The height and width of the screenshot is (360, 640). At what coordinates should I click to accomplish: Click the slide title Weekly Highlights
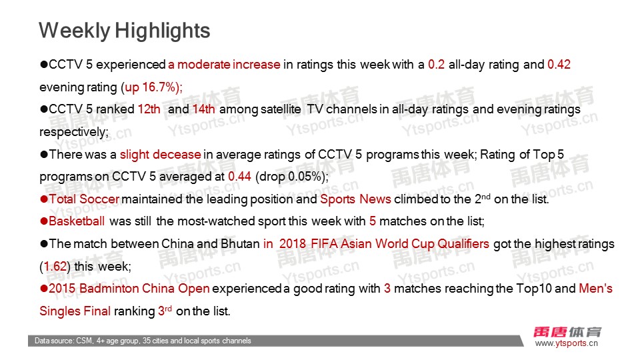125,31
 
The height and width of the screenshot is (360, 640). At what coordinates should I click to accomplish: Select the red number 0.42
559,65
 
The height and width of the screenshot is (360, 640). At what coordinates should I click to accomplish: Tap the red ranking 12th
149,109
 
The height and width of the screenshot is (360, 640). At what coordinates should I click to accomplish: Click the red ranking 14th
204,109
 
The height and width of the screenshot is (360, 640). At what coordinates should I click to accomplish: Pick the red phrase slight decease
161,155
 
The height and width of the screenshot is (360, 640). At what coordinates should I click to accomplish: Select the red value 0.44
239,176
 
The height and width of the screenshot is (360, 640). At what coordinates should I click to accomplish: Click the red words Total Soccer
85,199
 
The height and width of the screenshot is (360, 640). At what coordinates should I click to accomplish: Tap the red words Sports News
355,199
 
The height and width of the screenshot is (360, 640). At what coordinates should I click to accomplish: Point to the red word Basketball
77,221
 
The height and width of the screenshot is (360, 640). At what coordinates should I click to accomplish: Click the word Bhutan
240,244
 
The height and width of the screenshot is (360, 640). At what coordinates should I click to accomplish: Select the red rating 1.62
55,267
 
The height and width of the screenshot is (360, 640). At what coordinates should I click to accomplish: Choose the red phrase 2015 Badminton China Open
129,289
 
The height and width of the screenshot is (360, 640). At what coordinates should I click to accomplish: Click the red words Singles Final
75,311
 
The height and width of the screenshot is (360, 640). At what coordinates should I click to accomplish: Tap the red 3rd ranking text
165,311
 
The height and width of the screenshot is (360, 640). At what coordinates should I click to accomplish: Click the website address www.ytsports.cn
567,343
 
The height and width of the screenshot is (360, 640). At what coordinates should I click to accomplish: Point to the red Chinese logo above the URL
567,332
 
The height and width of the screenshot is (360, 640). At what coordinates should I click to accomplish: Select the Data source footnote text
143,341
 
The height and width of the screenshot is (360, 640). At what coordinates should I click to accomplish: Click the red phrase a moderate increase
224,65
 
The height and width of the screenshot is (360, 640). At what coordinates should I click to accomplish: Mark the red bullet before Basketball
44,221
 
